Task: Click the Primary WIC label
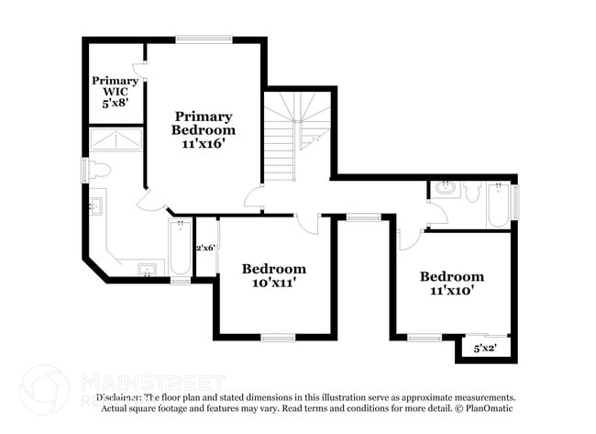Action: click(115, 92)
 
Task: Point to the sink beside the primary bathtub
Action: click(147, 269)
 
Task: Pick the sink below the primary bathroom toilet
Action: click(96, 206)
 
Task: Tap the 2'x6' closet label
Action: click(204, 248)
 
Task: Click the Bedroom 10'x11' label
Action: click(274, 276)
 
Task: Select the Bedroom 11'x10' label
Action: click(451, 284)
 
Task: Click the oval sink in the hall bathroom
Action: click(447, 190)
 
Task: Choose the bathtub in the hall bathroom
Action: click(499, 206)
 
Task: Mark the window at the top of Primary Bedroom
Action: click(204, 39)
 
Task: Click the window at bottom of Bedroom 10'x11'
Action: click(278, 338)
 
